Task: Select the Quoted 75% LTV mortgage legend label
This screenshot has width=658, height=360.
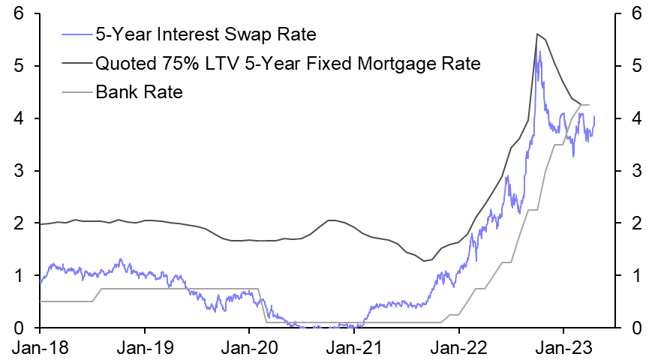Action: coord(288,63)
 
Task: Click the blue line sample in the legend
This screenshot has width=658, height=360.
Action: coord(76,34)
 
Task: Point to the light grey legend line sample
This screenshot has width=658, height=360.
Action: coord(76,92)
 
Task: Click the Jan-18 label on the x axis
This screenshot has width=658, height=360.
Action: coord(40,348)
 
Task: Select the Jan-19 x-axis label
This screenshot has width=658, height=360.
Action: coord(145,348)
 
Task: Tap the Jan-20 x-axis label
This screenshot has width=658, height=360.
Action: coord(249,348)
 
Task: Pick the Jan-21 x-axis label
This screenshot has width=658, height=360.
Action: coord(354,348)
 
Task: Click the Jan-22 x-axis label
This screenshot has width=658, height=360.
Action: coord(459,348)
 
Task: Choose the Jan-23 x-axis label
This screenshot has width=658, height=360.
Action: coord(563,348)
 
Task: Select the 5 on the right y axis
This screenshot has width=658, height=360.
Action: coord(636,66)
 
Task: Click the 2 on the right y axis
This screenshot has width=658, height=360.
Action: coord(636,223)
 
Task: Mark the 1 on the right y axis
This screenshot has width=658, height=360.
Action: coord(636,275)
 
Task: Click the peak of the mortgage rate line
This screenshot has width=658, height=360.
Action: coord(537,34)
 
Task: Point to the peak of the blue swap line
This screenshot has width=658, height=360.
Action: coord(539,51)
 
